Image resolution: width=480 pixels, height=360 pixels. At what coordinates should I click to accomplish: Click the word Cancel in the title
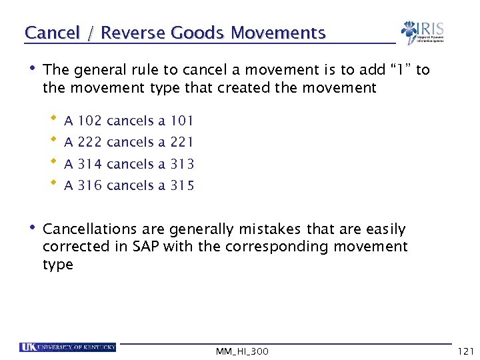tap(51, 32)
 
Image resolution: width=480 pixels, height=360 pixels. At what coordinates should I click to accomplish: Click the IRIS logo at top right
tap(423, 31)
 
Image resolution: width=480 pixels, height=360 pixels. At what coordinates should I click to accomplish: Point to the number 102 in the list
tap(90, 121)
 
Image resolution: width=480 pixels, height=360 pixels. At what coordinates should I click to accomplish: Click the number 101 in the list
tap(182, 121)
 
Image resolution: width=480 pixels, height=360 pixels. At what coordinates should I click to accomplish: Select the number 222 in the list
tap(90, 141)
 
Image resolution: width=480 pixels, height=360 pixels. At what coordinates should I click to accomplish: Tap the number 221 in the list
tap(182, 141)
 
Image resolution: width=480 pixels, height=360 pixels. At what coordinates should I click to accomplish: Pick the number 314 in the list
tap(90, 164)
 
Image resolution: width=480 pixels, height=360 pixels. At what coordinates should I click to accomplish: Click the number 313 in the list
tap(182, 164)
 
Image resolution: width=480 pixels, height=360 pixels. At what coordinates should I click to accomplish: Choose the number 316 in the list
tap(90, 185)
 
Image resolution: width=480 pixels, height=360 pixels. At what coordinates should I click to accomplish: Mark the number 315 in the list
tap(182, 185)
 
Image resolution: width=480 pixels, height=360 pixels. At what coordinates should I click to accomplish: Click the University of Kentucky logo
tap(68, 347)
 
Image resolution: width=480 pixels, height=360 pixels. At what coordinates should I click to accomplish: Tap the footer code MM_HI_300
tap(243, 351)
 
